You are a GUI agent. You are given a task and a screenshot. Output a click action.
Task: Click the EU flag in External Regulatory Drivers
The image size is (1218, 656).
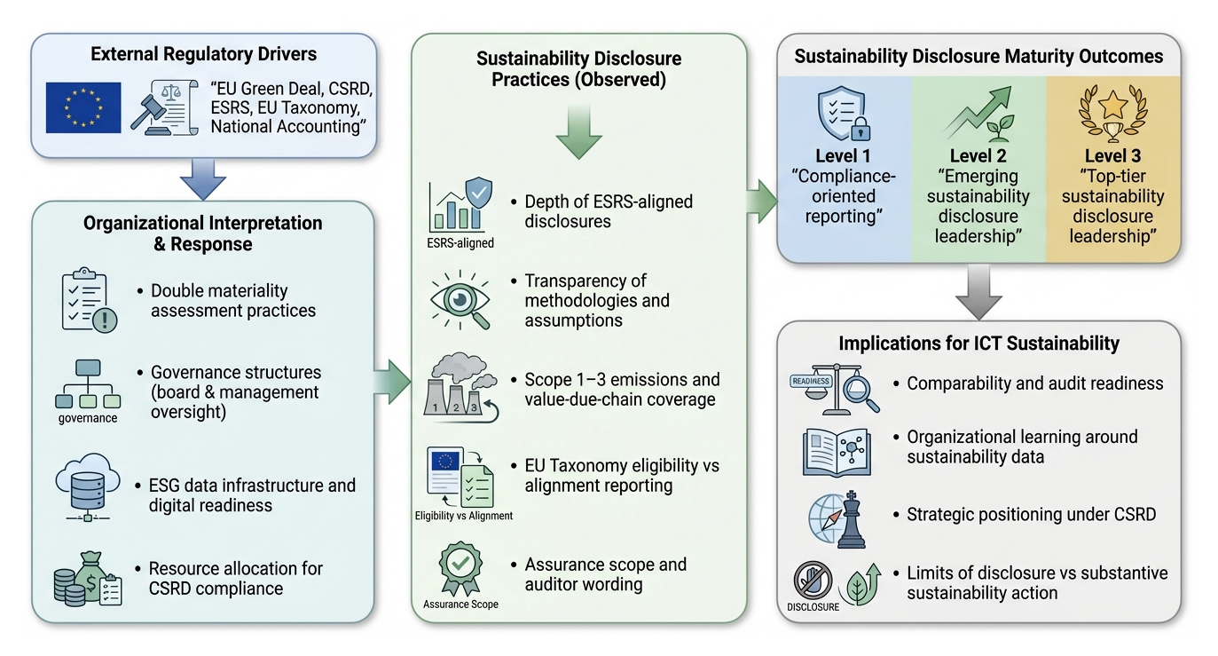[83, 107]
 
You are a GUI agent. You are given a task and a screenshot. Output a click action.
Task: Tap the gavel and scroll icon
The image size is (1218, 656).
[164, 107]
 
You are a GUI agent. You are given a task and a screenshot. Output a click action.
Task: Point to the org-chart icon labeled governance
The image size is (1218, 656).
[88, 384]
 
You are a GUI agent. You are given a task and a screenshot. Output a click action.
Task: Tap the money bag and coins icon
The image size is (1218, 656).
[88, 579]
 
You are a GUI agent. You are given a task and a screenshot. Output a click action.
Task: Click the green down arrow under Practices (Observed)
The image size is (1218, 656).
[578, 132]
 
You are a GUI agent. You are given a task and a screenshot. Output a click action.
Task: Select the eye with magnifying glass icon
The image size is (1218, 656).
[460, 300]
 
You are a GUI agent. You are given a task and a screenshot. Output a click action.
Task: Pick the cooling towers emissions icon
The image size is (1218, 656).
[460, 387]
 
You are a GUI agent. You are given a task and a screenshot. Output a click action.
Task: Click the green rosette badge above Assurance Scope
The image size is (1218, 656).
[460, 568]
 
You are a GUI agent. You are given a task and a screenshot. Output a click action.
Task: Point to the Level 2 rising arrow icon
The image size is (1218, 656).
[978, 114]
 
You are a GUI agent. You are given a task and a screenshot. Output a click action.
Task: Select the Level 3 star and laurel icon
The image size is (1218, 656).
[1113, 114]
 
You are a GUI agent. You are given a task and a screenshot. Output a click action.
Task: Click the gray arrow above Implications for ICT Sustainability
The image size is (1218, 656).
[978, 292]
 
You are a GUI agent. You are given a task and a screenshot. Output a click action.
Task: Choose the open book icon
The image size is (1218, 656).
[837, 452]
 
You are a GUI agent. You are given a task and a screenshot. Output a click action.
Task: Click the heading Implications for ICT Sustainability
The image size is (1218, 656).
[978, 344]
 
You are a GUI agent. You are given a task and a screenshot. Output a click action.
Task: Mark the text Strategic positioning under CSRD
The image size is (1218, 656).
[1031, 515]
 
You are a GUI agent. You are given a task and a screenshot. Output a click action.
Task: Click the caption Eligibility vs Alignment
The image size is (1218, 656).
[464, 516]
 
